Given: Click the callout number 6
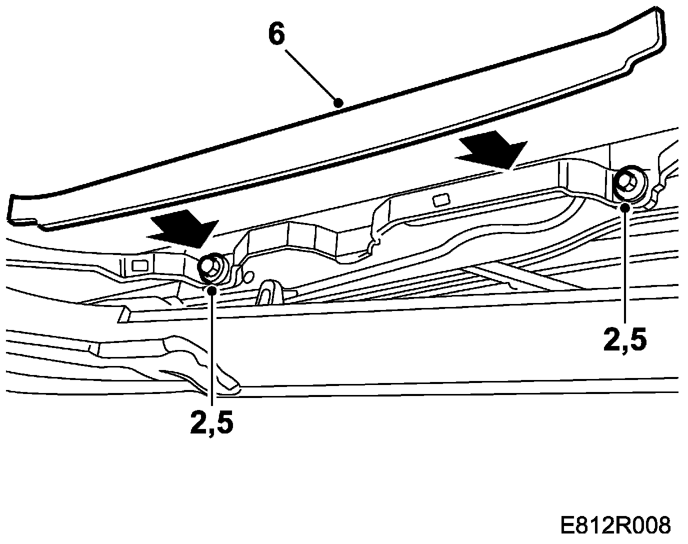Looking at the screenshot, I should [277, 35].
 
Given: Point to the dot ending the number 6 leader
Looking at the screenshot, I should [339, 103].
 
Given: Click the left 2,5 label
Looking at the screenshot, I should [211, 423].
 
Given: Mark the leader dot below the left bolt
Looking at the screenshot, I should [212, 290].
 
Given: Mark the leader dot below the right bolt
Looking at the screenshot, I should [625, 207].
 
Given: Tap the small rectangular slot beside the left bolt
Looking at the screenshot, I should [138, 265].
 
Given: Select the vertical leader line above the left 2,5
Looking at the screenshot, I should [212, 350].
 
